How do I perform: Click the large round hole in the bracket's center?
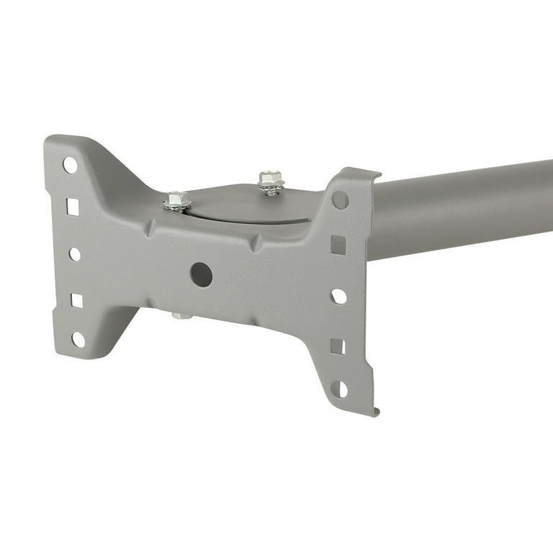click(x=201, y=274)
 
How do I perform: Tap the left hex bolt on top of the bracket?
click(x=177, y=200)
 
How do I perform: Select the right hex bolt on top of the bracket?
click(x=271, y=180)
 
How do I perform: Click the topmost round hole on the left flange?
click(x=70, y=165)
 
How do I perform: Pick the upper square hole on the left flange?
click(x=73, y=207)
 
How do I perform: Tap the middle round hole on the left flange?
click(x=75, y=254)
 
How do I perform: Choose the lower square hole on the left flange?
click(x=76, y=300)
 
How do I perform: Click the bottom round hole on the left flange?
click(x=78, y=339)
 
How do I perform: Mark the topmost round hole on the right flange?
click(x=341, y=200)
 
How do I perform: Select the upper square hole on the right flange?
click(x=338, y=245)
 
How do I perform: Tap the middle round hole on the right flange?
click(x=338, y=296)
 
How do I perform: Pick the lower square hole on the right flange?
click(x=338, y=346)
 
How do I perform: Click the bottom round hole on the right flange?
click(x=338, y=389)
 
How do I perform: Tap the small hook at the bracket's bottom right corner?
click(x=376, y=411)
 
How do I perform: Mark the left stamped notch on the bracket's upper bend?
click(x=150, y=230)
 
